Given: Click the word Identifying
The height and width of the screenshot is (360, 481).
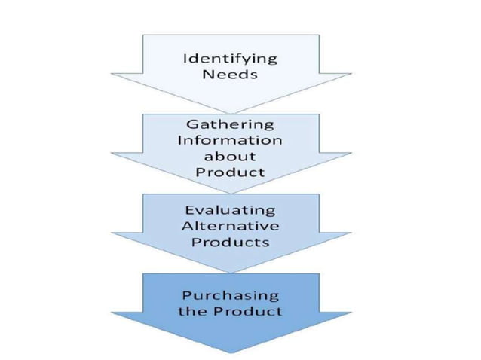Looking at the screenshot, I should pyautogui.click(x=231, y=59).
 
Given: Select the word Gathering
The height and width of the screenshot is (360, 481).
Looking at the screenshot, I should pyautogui.click(x=231, y=124).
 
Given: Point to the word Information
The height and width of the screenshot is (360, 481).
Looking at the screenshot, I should pyautogui.click(x=231, y=140).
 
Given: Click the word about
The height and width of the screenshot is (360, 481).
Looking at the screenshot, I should pyautogui.click(x=231, y=157).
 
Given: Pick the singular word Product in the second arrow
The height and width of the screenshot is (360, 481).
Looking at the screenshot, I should pyautogui.click(x=231, y=172).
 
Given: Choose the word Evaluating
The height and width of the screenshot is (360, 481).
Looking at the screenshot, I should pyautogui.click(x=231, y=210).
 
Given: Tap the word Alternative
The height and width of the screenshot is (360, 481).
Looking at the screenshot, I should pyautogui.click(x=231, y=226).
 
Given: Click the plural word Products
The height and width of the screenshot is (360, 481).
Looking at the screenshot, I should pyautogui.click(x=231, y=243).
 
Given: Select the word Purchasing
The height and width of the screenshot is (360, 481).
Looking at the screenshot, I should pyautogui.click(x=231, y=294).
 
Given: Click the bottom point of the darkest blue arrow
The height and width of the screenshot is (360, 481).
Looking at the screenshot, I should pyautogui.click(x=231, y=352).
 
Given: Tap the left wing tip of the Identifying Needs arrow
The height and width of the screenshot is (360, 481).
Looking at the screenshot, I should pyautogui.click(x=112, y=74).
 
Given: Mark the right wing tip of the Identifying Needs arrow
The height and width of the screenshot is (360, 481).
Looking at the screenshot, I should pyautogui.click(x=351, y=74).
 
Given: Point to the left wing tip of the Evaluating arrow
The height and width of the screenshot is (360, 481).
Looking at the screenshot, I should pyautogui.click(x=112, y=233).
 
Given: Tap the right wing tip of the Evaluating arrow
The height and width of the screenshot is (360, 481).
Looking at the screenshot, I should pyautogui.click(x=351, y=233).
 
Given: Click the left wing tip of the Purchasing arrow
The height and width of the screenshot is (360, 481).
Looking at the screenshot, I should pyautogui.click(x=112, y=311).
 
